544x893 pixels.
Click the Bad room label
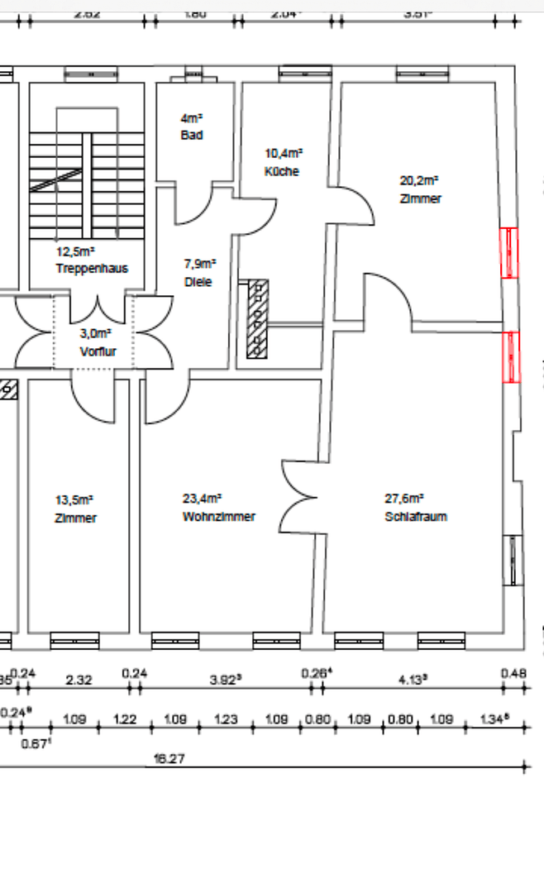tap(192, 135)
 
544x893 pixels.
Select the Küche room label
tap(282, 172)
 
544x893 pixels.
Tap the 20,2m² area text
tap(419, 179)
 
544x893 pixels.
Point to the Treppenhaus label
tap(92, 269)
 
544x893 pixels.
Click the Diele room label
tap(198, 282)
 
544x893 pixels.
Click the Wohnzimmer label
tap(218, 517)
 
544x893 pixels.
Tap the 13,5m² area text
tap(74, 499)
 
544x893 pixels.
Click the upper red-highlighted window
tap(510, 252)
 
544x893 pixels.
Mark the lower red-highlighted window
tap(512, 357)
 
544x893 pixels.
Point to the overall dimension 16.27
tap(169, 758)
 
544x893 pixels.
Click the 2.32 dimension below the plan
tap(79, 680)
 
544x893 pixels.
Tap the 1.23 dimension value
tap(225, 720)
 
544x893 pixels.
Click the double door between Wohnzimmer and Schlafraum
tap(299, 497)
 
